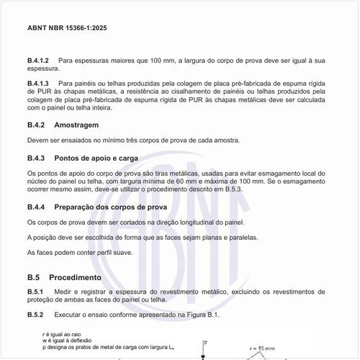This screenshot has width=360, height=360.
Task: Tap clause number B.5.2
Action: tap(36, 315)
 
